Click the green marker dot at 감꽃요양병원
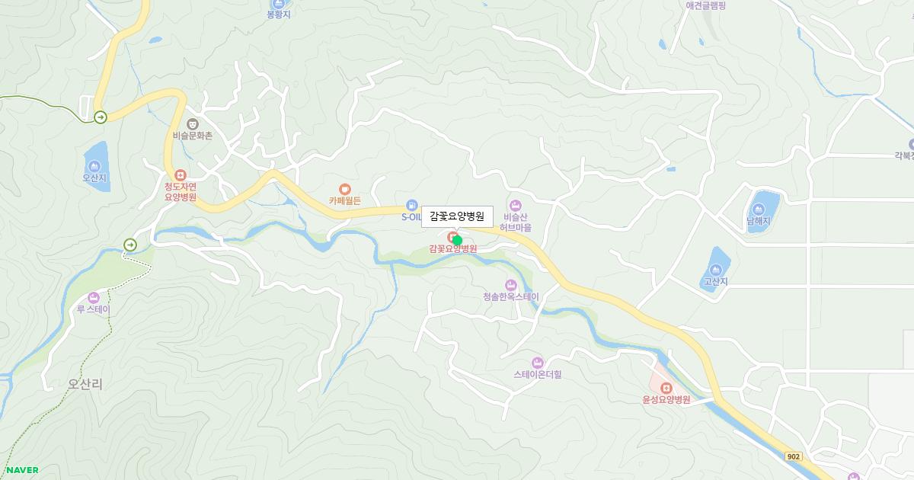[457, 240]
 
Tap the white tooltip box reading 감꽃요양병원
[457, 216]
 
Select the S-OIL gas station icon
[411, 205]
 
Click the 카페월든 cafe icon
[345, 188]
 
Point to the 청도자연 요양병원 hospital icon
[181, 174]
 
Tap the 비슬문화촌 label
[192, 136]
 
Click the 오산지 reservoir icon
[94, 166]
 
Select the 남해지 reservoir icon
[759, 209]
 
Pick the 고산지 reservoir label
[715, 281]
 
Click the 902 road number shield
[794, 456]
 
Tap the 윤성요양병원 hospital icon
[666, 388]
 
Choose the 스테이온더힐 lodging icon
[537, 362]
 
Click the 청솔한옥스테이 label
[510, 297]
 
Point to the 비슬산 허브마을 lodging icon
[516, 205]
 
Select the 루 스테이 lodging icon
[94, 298]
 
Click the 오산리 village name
[85, 385]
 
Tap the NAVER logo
[22, 470]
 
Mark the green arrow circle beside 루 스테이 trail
[130, 245]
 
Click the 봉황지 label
[279, 14]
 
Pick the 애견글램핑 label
[705, 5]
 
